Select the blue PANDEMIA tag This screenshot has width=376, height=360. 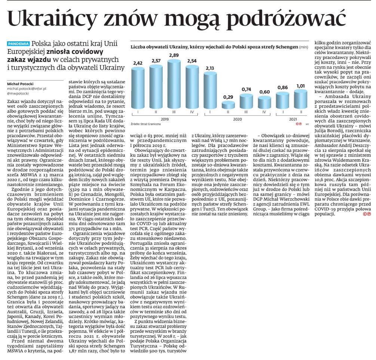pyautogui.click(x=19, y=43)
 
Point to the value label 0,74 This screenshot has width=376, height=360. pyautogui.click(x=246, y=90)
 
